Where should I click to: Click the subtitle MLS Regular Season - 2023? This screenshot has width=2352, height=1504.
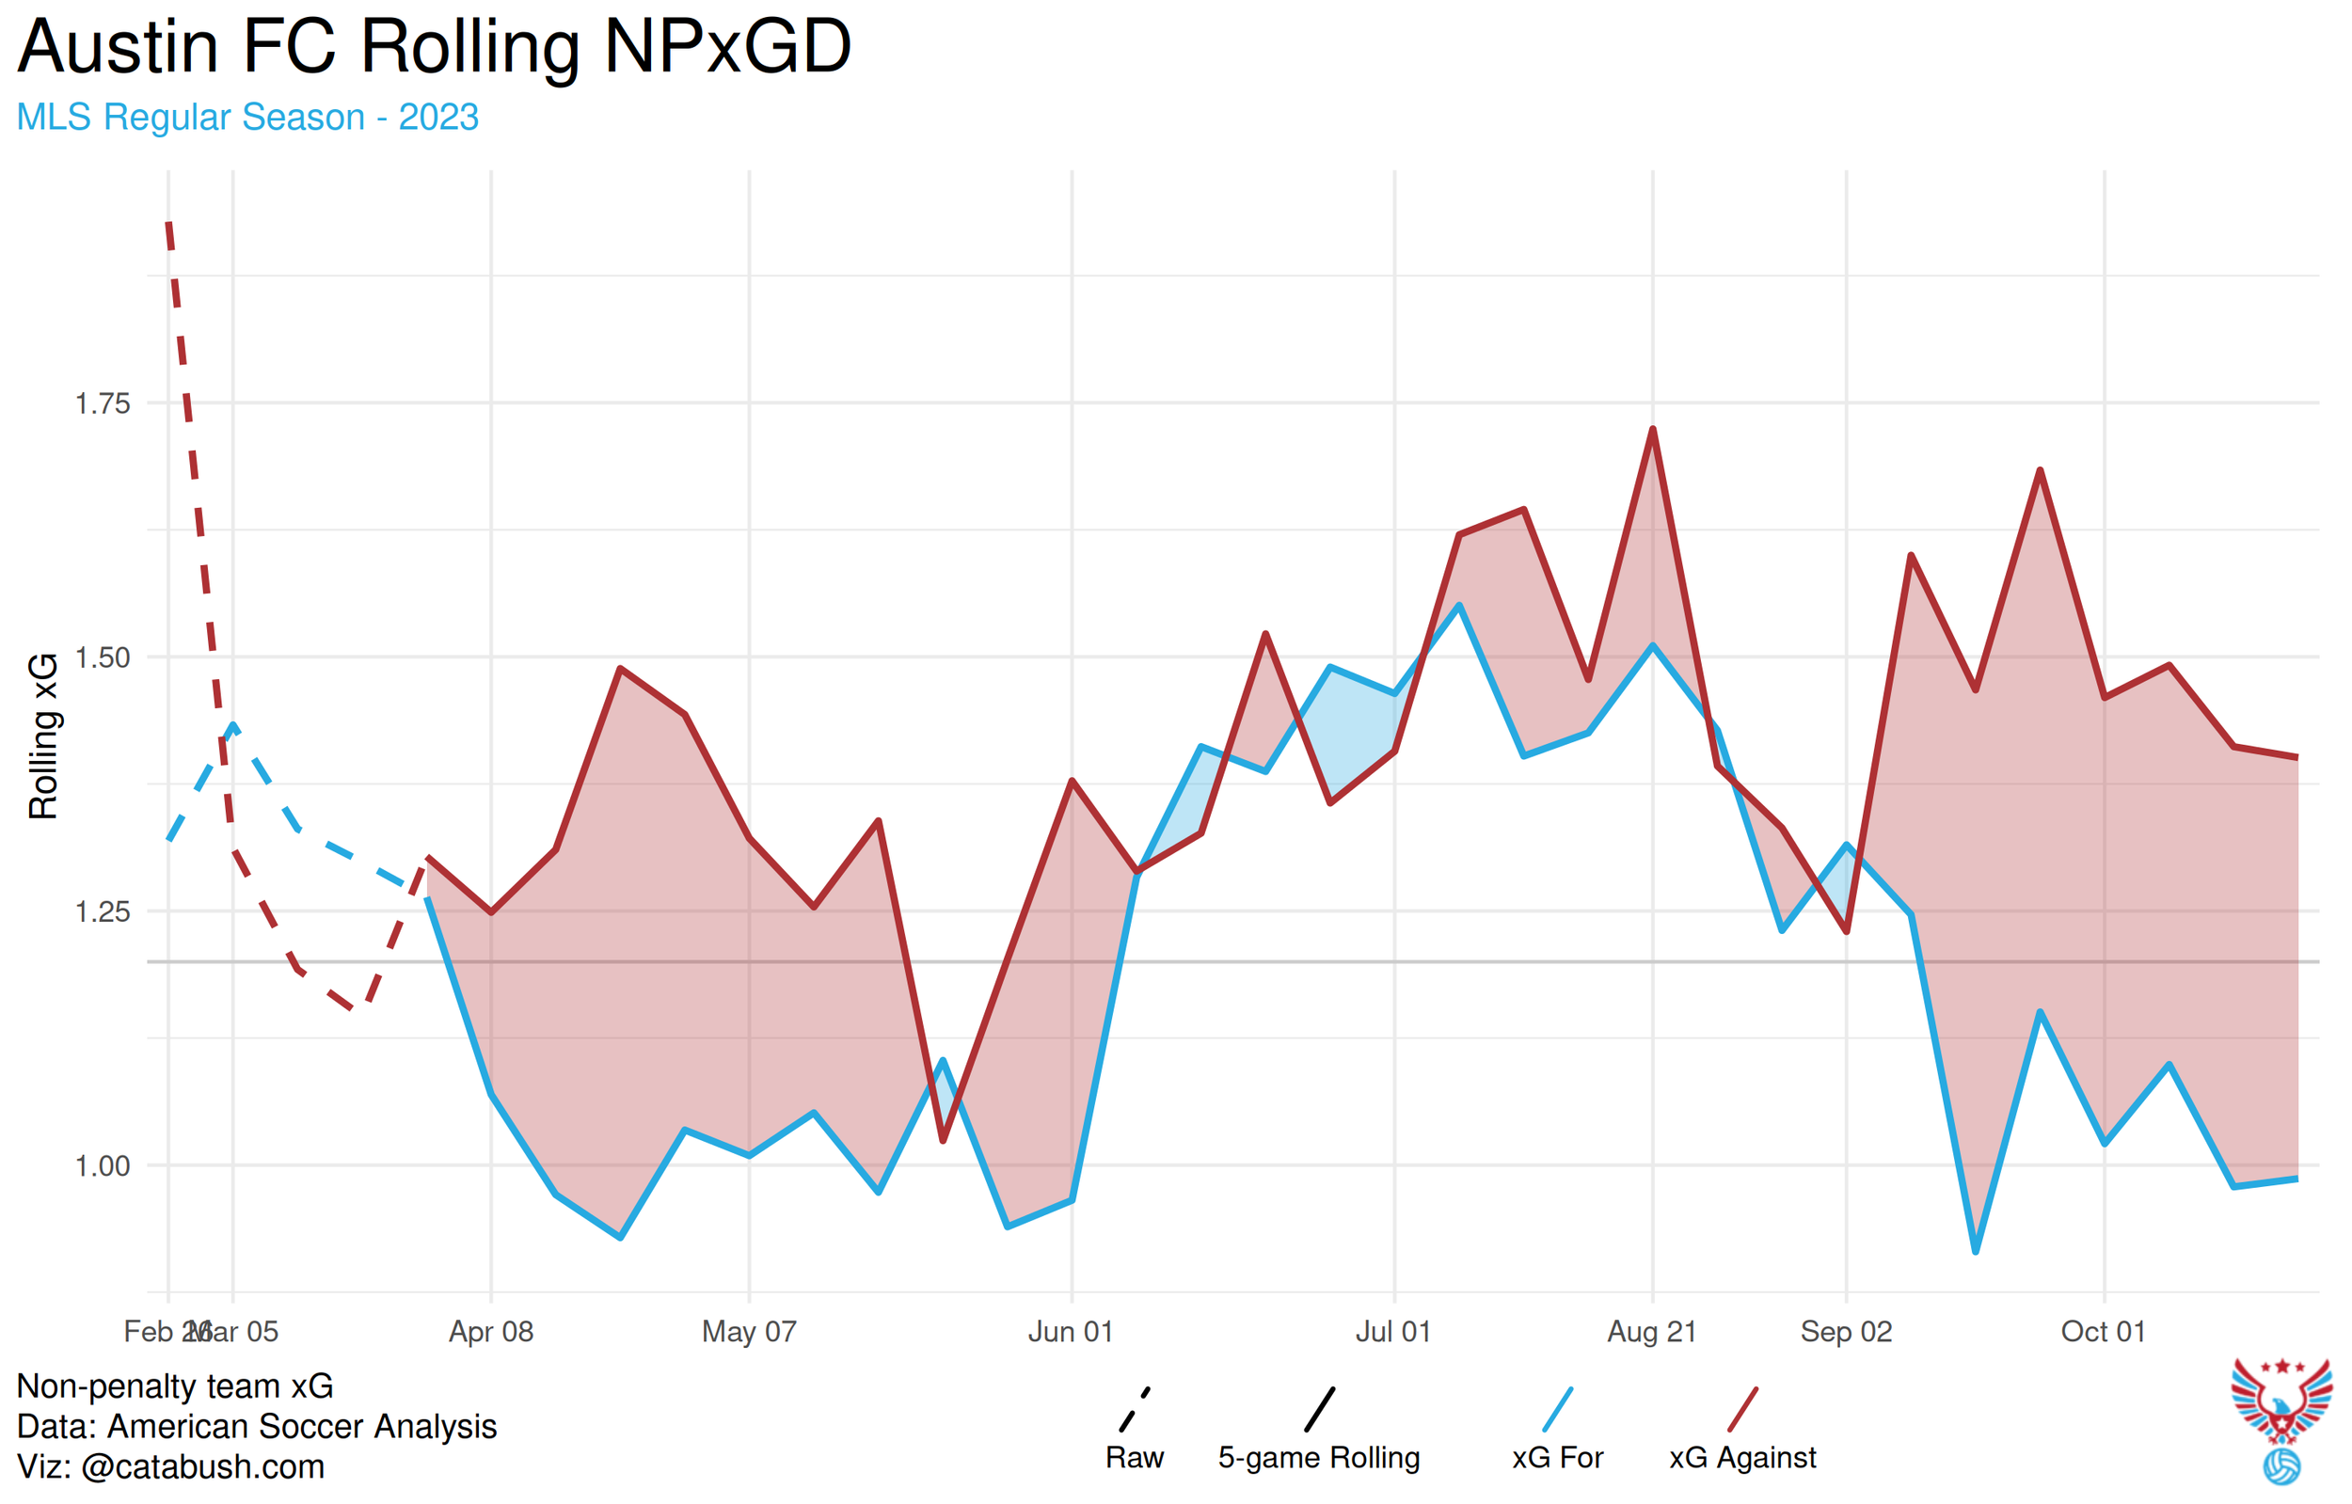coord(247,118)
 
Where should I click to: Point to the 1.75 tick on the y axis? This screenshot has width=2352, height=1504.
coord(103,404)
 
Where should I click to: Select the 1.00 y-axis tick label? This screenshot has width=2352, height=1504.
coord(103,1166)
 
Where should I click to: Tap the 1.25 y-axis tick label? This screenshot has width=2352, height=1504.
coord(103,912)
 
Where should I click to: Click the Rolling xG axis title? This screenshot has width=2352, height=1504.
coord(43,736)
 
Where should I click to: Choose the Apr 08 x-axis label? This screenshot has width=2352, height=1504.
coord(491,1332)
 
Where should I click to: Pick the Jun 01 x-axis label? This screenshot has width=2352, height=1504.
coord(1071,1332)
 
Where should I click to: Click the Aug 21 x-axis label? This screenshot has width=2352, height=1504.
coord(1652,1332)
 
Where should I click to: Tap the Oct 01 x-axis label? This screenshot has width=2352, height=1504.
coord(2103,1332)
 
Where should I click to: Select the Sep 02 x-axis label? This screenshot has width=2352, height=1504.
coord(1846,1332)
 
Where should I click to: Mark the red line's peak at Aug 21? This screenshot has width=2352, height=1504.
coord(1653,430)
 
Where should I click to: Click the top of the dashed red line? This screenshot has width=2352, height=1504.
coord(169,225)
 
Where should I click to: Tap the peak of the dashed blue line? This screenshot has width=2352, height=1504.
coord(232,725)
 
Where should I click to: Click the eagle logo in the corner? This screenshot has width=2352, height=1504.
coord(2281,1417)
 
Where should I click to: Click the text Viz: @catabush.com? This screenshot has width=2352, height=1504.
coord(171,1467)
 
